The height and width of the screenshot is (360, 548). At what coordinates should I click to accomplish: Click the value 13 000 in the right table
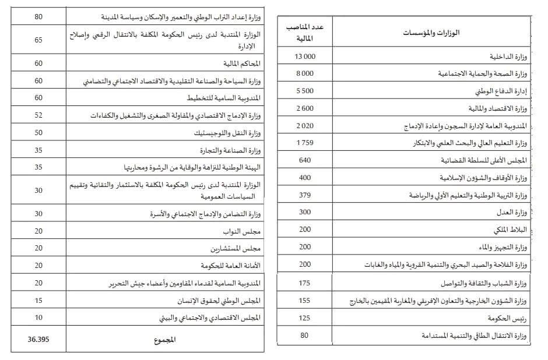pos(305,56)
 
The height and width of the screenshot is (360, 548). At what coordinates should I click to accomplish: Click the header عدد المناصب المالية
pos(305,33)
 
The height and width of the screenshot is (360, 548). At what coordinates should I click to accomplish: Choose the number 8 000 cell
pos(305,73)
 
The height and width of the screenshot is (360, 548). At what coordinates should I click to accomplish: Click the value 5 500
pos(305,91)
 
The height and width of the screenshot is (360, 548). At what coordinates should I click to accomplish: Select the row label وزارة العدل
pos(514,213)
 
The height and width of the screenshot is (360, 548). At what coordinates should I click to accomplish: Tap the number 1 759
pos(305,143)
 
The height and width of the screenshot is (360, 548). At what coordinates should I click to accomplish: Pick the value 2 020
pos(305,125)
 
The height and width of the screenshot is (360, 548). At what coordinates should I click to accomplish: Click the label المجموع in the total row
pos(163,340)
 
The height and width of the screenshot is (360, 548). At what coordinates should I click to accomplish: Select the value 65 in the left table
pos(38,40)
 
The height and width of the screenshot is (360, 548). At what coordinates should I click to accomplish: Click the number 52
pos(38,115)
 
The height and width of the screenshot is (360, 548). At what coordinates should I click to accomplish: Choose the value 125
pos(305,319)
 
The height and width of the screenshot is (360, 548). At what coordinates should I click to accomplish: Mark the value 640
pos(305,160)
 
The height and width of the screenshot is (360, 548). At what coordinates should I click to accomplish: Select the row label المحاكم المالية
pos(241,63)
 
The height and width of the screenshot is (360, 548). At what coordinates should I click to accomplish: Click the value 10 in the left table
pos(38,317)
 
